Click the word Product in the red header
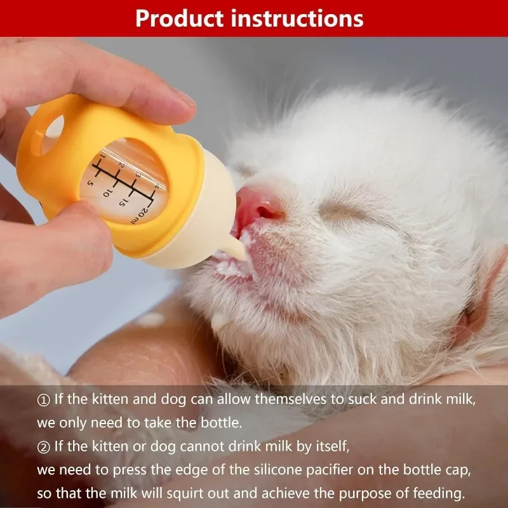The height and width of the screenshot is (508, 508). (180, 19)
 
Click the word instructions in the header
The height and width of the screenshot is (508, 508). (297, 18)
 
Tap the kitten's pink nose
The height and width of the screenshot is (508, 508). (259, 208)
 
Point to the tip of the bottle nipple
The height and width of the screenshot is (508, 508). (243, 256)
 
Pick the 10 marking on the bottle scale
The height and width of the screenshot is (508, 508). (107, 192)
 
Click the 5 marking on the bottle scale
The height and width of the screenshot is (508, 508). (91, 184)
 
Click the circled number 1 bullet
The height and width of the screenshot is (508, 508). (43, 401)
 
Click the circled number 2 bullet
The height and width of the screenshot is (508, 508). (43, 448)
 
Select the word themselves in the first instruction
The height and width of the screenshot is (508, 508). (290, 399)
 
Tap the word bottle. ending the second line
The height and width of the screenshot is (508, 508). (221, 422)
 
